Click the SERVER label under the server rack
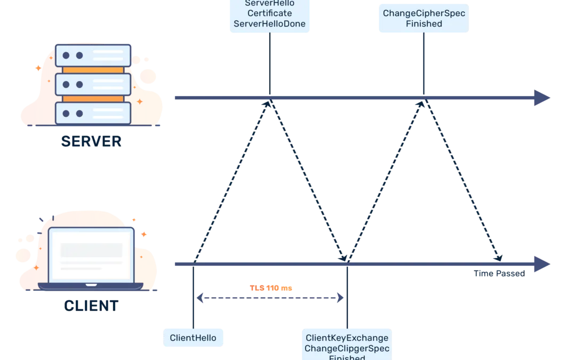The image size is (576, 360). point(92,142)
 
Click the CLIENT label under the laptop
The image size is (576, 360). point(91,306)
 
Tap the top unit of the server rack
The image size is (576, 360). point(93,55)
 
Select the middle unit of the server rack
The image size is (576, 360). point(93,84)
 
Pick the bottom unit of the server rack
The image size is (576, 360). point(93,113)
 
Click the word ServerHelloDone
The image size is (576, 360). point(269,24)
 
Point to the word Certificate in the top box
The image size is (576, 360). point(269,13)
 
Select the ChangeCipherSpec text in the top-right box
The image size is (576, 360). point(424,13)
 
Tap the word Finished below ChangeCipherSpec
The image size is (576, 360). point(424,24)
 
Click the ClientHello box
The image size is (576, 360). point(193,338)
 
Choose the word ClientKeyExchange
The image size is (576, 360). point(347,338)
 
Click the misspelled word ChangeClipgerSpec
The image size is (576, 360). point(347,349)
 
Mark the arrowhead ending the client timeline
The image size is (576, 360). point(541,264)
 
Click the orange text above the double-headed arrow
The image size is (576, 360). point(271,289)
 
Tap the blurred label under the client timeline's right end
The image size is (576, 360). point(499,274)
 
